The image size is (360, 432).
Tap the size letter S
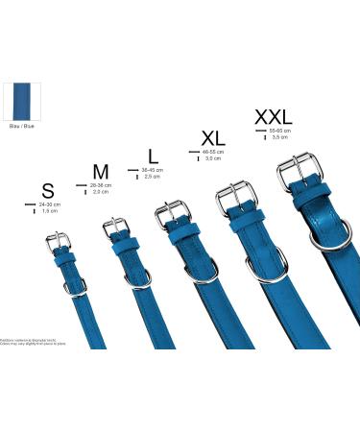(x=47, y=190)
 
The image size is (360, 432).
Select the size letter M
(x=100, y=171)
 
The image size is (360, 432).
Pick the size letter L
(x=153, y=155)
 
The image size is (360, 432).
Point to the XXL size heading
(x=274, y=117)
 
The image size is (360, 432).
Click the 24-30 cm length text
(x=49, y=204)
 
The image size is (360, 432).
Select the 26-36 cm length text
(x=101, y=185)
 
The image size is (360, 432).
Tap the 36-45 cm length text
(x=153, y=170)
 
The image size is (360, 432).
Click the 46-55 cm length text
(x=212, y=152)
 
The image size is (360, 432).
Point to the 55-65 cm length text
(x=280, y=130)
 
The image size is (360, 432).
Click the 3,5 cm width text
(x=280, y=137)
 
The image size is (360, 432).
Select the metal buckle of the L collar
(x=173, y=215)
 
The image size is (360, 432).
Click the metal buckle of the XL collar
(x=237, y=196)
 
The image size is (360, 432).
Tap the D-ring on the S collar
(x=75, y=286)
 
